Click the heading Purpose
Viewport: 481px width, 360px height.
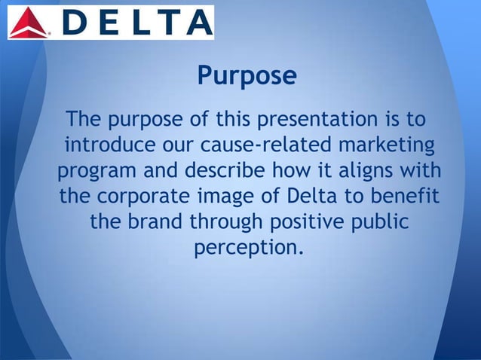pyautogui.click(x=246, y=76)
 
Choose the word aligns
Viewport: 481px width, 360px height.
pyautogui.click(x=357, y=171)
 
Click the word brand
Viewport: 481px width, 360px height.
pyautogui.click(x=153, y=221)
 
